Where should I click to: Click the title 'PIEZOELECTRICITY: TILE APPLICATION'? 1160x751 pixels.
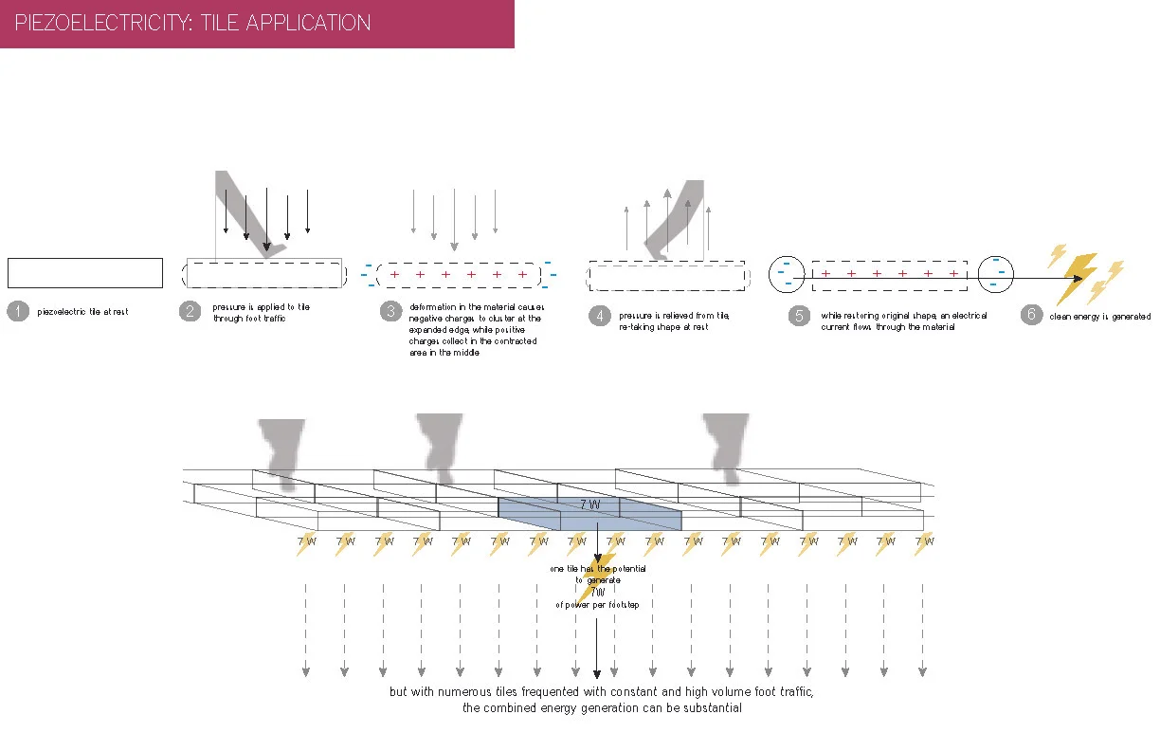[x=193, y=23]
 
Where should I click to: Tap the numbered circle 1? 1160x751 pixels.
[x=17, y=311]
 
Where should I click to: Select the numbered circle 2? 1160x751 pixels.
[x=190, y=311]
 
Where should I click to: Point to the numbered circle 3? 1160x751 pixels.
[x=390, y=311]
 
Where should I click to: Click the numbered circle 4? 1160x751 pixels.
[x=598, y=316]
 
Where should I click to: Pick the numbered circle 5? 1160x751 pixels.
[x=799, y=316]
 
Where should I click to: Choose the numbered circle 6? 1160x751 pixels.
[x=1031, y=315]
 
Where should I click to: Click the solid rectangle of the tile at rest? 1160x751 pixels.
[x=85, y=272]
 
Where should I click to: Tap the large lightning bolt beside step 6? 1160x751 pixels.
[x=1080, y=273]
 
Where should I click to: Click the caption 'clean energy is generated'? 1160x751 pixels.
[x=1099, y=317]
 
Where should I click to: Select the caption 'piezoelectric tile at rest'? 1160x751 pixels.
[x=82, y=312]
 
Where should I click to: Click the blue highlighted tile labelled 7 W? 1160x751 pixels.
[x=589, y=513]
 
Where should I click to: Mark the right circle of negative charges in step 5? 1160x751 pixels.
[x=995, y=274]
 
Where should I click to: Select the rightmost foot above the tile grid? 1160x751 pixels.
[x=726, y=446]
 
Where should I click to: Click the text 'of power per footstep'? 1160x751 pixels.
[x=597, y=604]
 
